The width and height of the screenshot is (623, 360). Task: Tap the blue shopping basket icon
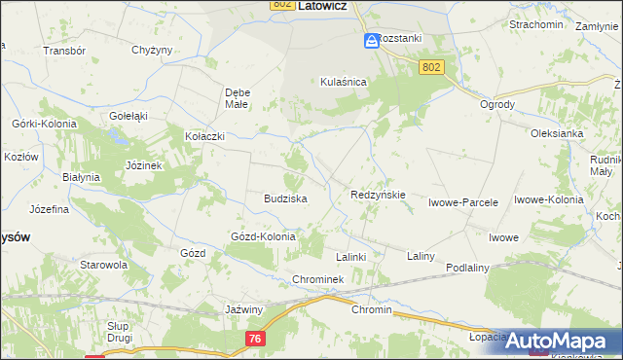[x=371, y=40]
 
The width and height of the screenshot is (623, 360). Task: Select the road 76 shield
[x=254, y=337]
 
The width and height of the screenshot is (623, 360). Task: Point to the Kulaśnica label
[x=343, y=83]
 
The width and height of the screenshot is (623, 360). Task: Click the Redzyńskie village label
[x=378, y=195]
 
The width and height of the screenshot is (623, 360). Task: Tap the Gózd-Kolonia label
[x=262, y=236]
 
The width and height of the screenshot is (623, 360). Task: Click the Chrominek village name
[x=318, y=279]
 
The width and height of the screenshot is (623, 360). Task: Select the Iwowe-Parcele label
[x=463, y=203]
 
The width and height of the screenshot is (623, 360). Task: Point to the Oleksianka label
[x=556, y=133]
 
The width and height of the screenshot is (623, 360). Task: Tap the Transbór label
[x=65, y=50]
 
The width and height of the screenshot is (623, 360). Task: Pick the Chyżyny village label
[x=151, y=50]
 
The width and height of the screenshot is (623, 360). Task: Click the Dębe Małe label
[x=238, y=97]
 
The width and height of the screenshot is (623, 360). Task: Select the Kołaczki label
[x=204, y=137]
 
